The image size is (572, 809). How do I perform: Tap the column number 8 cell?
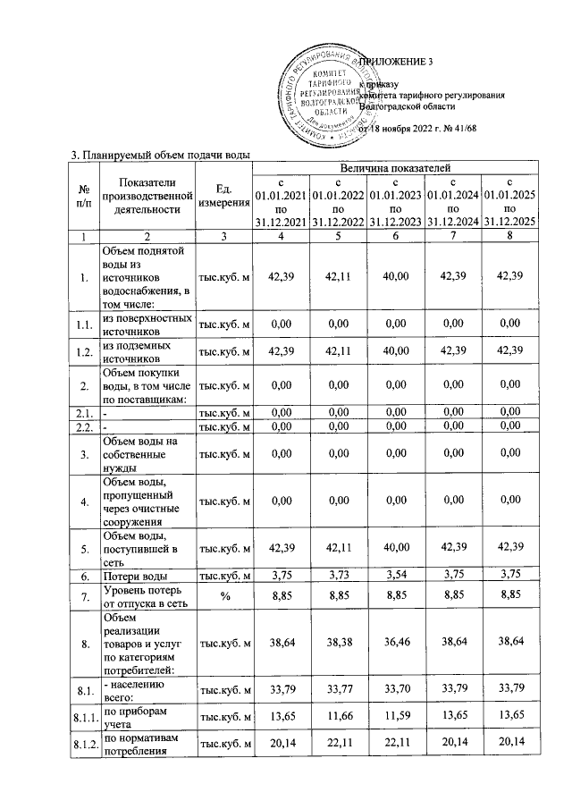509,235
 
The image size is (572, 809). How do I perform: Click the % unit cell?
223,596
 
